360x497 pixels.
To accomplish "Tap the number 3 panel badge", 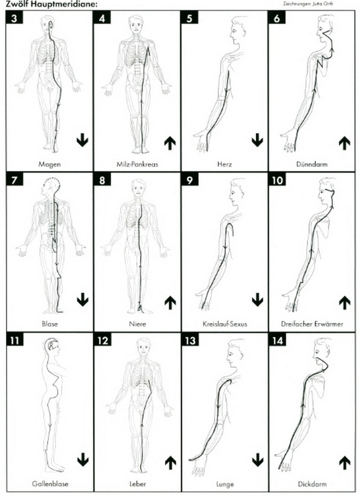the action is click(x=14, y=18).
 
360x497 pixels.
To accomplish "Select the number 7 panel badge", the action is click(x=14, y=180).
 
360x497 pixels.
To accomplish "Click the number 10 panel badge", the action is click(x=277, y=180).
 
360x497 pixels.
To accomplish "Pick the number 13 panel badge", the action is click(x=190, y=340).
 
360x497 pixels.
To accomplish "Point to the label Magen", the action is click(x=50, y=164).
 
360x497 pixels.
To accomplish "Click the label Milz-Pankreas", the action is click(x=137, y=164).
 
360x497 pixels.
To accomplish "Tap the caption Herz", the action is click(x=224, y=164).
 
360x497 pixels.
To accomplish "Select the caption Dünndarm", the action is click(x=312, y=164).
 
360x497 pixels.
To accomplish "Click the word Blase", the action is click(x=50, y=324).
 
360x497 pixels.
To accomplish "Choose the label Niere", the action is click(x=138, y=324).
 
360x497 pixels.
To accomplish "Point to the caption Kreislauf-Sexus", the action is click(x=225, y=324).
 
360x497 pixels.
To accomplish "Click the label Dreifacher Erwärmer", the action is click(x=312, y=324).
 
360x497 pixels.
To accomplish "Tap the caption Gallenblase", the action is click(x=50, y=484).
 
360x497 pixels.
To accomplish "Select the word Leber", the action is click(x=138, y=484).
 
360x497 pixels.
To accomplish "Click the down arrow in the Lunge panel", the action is click(x=258, y=460).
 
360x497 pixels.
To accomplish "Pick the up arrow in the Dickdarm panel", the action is click(x=345, y=463).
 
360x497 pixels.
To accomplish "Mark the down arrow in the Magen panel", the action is click(x=82, y=140).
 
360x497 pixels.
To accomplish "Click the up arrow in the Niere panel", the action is click(x=170, y=303).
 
